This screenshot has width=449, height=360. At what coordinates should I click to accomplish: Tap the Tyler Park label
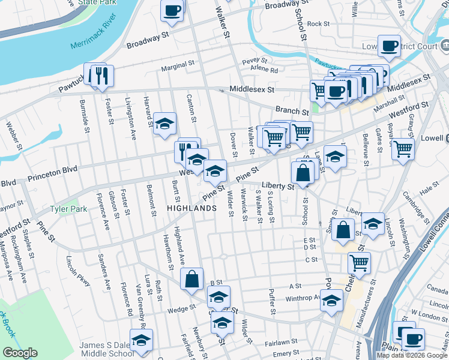click(x=68, y=209)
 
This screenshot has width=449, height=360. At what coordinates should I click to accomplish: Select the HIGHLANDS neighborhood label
click(x=191, y=208)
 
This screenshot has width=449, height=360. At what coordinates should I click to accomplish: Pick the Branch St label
click(x=292, y=110)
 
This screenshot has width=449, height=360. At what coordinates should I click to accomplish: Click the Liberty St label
click(x=277, y=187)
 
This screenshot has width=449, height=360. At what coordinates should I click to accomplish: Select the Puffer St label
click(x=272, y=302)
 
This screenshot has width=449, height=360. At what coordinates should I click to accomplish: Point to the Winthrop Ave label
click(x=304, y=297)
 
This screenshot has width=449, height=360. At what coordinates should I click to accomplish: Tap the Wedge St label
click(x=182, y=309)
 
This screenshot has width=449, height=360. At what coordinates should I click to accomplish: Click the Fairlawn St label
click(x=278, y=343)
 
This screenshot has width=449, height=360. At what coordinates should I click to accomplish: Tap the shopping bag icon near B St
click(x=191, y=279)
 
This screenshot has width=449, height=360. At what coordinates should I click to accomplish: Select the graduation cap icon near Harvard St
click(x=164, y=124)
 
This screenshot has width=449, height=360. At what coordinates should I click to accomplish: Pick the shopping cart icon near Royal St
click(x=403, y=147)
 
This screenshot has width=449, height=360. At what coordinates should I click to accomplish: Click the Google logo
click(x=20, y=353)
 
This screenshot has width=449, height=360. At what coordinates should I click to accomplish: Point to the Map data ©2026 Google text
click(x=412, y=355)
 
